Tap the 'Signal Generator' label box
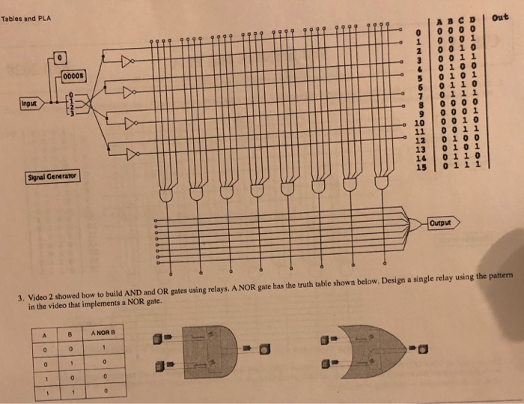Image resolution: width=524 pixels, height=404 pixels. [x=51, y=178]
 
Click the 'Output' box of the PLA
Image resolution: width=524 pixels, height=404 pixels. [x=439, y=223]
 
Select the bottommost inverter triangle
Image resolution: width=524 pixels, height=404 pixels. [x=132, y=155]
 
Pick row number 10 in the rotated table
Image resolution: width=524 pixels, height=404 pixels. [x=419, y=123]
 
